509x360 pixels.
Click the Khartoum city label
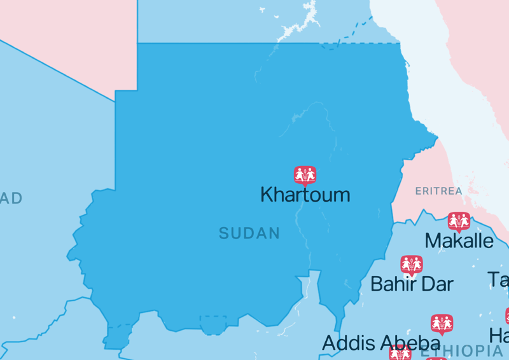point(305,195)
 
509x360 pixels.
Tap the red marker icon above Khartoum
point(305,174)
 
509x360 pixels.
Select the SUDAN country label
point(249,233)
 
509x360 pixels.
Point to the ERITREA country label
point(438,191)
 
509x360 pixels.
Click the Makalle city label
point(459,241)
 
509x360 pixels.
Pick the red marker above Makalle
point(459,221)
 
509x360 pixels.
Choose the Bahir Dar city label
point(412,284)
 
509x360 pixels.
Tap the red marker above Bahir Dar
point(412,264)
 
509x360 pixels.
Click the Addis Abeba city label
point(380,343)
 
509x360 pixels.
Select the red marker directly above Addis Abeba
point(442,323)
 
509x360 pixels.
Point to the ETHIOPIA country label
point(461,350)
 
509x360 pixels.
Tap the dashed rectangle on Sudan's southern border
point(213,324)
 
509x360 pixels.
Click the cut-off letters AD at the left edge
point(11,198)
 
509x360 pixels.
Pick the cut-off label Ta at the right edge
point(499,279)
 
